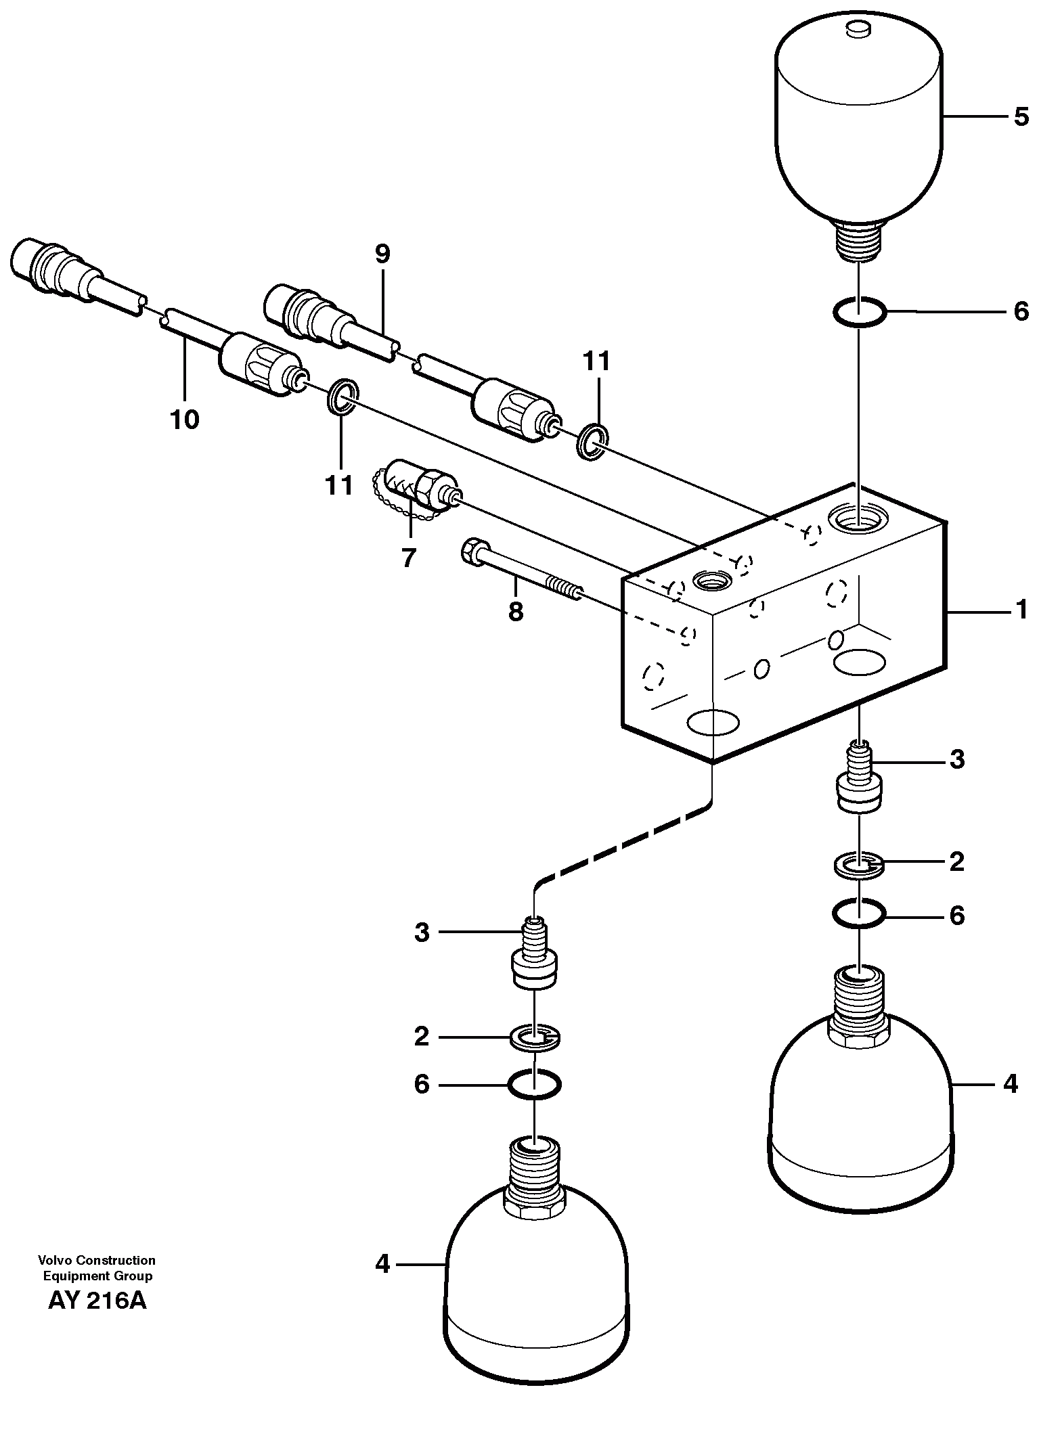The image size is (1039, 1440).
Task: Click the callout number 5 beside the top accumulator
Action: [1021, 117]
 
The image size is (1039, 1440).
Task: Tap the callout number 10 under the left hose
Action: [185, 420]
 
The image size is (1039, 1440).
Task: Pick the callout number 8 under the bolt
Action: [515, 612]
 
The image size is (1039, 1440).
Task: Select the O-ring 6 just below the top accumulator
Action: [858, 313]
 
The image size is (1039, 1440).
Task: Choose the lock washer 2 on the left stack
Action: [534, 1037]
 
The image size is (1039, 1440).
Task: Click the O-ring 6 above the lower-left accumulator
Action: [534, 1085]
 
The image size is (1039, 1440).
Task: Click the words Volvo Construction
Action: [97, 1260]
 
